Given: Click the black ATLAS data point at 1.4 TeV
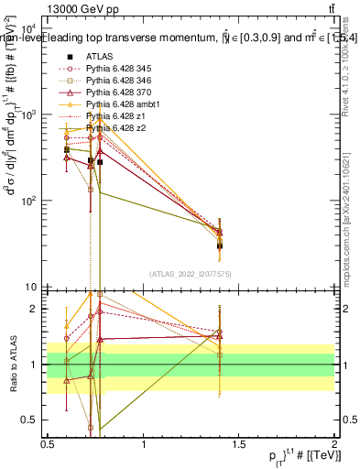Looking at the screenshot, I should point(220,245).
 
